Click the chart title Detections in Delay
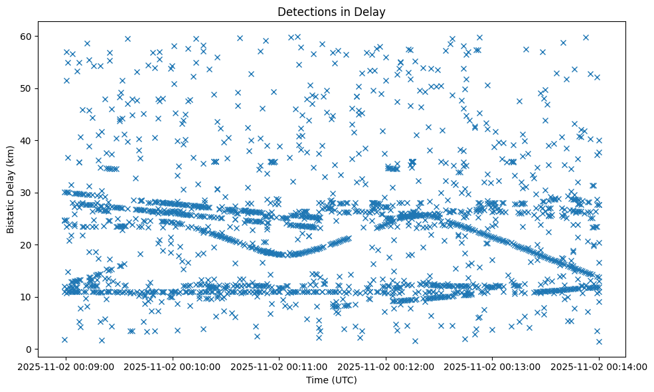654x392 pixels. (331, 11)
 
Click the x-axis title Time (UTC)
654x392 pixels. (331, 380)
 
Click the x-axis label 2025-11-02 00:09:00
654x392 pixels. (65, 366)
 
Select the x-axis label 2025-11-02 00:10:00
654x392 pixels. (172, 366)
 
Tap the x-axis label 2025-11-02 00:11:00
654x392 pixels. (279, 366)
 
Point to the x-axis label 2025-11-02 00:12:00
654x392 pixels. (385, 366)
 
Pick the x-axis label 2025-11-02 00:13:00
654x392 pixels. (492, 366)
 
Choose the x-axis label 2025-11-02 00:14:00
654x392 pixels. (599, 366)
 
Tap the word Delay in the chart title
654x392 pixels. (372, 11)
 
